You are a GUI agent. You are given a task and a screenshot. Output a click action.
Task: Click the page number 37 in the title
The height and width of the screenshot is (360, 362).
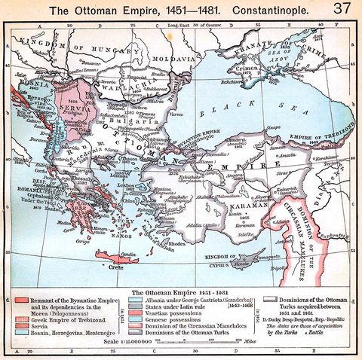tap(341, 8)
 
